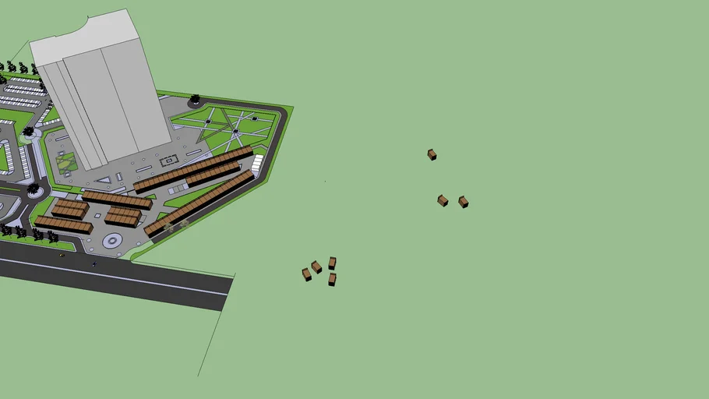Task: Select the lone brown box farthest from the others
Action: click(432, 154)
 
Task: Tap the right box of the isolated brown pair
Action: click(463, 201)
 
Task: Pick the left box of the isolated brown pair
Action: click(443, 200)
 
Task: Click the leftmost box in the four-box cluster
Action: click(306, 274)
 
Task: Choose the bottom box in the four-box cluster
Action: click(332, 279)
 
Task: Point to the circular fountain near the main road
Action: click(112, 241)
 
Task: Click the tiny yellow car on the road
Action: click(62, 254)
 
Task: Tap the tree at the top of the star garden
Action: click(195, 100)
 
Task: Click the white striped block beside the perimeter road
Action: click(257, 164)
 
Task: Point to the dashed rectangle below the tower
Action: click(169, 161)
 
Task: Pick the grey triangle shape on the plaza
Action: click(104, 179)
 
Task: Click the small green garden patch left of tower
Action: click(66, 162)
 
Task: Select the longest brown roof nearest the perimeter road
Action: click(200, 203)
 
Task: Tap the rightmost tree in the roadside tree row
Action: click(53, 235)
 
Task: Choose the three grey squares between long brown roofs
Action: click(178, 189)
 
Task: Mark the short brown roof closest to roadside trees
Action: click(63, 224)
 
